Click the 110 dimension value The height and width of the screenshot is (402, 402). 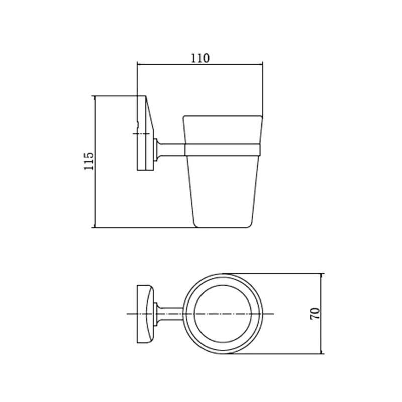pyautogui.click(x=200, y=58)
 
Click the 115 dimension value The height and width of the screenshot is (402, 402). pyautogui.click(x=89, y=161)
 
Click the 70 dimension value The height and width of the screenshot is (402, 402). pyautogui.click(x=315, y=313)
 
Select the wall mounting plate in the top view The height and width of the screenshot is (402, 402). pyautogui.click(x=145, y=314)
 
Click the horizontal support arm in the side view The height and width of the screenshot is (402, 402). pyautogui.click(x=171, y=150)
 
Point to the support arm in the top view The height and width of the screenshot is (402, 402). pyautogui.click(x=170, y=314)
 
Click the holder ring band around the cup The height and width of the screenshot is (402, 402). pyautogui.click(x=223, y=150)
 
